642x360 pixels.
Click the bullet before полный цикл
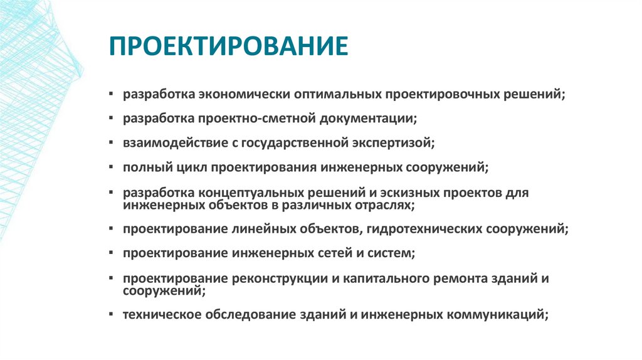tap(111, 167)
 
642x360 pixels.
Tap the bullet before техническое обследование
tap(111, 315)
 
